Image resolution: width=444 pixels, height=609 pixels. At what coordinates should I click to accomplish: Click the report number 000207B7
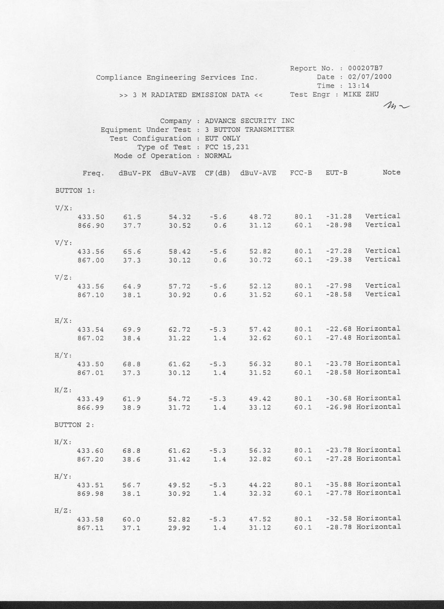pyautogui.click(x=365, y=68)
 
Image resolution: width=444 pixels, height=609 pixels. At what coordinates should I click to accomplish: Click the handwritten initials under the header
pyautogui.click(x=397, y=106)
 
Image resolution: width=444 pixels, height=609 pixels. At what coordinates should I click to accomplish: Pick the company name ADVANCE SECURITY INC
pyautogui.click(x=249, y=121)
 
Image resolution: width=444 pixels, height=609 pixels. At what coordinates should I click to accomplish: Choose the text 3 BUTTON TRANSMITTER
pyautogui.click(x=249, y=130)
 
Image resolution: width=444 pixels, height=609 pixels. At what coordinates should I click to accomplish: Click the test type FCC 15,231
pyautogui.click(x=227, y=147)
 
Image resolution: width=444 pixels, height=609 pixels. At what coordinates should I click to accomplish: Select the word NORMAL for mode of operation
pyautogui.click(x=218, y=156)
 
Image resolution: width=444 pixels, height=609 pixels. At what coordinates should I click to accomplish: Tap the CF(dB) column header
pyautogui.click(x=218, y=173)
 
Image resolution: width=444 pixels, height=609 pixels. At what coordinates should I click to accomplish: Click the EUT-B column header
pyautogui.click(x=336, y=173)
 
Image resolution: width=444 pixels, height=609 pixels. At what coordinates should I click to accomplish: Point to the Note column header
pyautogui.click(x=391, y=172)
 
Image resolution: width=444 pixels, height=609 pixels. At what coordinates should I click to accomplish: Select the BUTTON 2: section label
pyautogui.click(x=74, y=425)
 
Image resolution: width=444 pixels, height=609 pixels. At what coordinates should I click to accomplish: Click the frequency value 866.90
pyautogui.click(x=91, y=226)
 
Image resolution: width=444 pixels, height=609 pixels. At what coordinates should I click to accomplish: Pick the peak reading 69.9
pyautogui.click(x=132, y=330)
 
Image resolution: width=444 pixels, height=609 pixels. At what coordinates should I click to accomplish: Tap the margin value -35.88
pyautogui.click(x=338, y=485)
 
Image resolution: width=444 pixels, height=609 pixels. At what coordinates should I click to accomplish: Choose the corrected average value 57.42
pyautogui.click(x=260, y=330)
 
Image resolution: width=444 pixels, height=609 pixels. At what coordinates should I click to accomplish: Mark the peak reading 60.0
pyautogui.click(x=131, y=520)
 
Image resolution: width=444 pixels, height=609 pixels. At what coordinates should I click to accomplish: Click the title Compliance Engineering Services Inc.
pyautogui.click(x=177, y=78)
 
